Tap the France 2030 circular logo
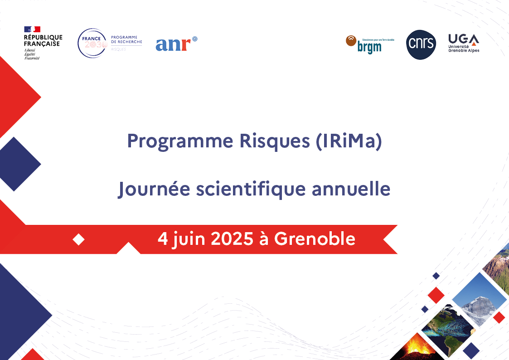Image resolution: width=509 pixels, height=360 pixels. pos(92,43)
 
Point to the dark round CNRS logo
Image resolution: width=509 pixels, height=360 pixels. pos(421,44)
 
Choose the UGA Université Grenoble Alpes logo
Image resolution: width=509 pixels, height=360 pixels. pos(463,43)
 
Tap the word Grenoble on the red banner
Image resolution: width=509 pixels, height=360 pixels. pos(315,238)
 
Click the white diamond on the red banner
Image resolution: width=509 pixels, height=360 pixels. pos(79,239)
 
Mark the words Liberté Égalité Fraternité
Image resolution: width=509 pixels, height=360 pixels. pos(32,54)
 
